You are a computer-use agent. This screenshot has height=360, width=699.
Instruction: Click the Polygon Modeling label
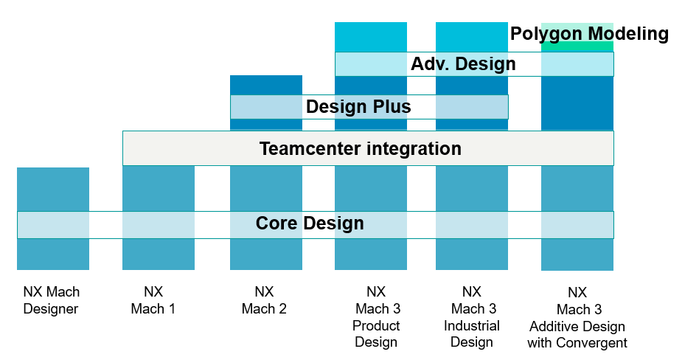589,34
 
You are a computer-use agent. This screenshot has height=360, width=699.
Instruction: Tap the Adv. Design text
463,63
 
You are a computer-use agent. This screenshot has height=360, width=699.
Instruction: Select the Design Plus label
358,107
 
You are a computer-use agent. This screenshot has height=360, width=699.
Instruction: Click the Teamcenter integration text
361,148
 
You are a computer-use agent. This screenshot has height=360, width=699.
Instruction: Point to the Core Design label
310,223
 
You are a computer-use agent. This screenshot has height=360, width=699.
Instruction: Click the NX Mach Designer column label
52,300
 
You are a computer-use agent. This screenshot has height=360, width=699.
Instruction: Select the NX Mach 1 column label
153,300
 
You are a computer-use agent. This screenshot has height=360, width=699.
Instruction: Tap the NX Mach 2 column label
264,300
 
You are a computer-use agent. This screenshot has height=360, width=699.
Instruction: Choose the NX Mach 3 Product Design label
376,316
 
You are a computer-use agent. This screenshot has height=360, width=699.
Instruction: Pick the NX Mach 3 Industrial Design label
472,316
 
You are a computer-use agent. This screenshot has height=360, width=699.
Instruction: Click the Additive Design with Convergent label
577,335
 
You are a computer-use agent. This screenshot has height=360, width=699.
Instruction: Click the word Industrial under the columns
472,325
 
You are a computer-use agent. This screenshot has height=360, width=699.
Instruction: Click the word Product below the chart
376,325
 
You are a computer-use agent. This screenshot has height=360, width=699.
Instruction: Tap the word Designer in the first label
51,309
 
